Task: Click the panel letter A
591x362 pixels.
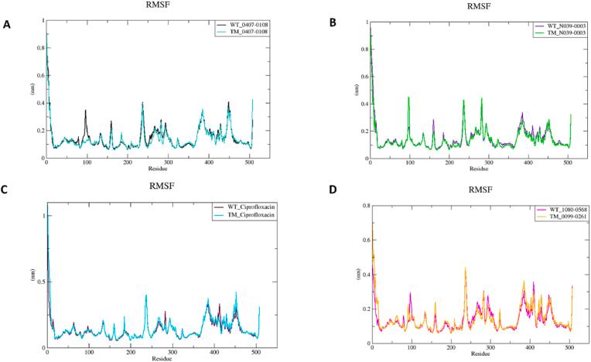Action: pyautogui.click(x=7, y=24)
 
